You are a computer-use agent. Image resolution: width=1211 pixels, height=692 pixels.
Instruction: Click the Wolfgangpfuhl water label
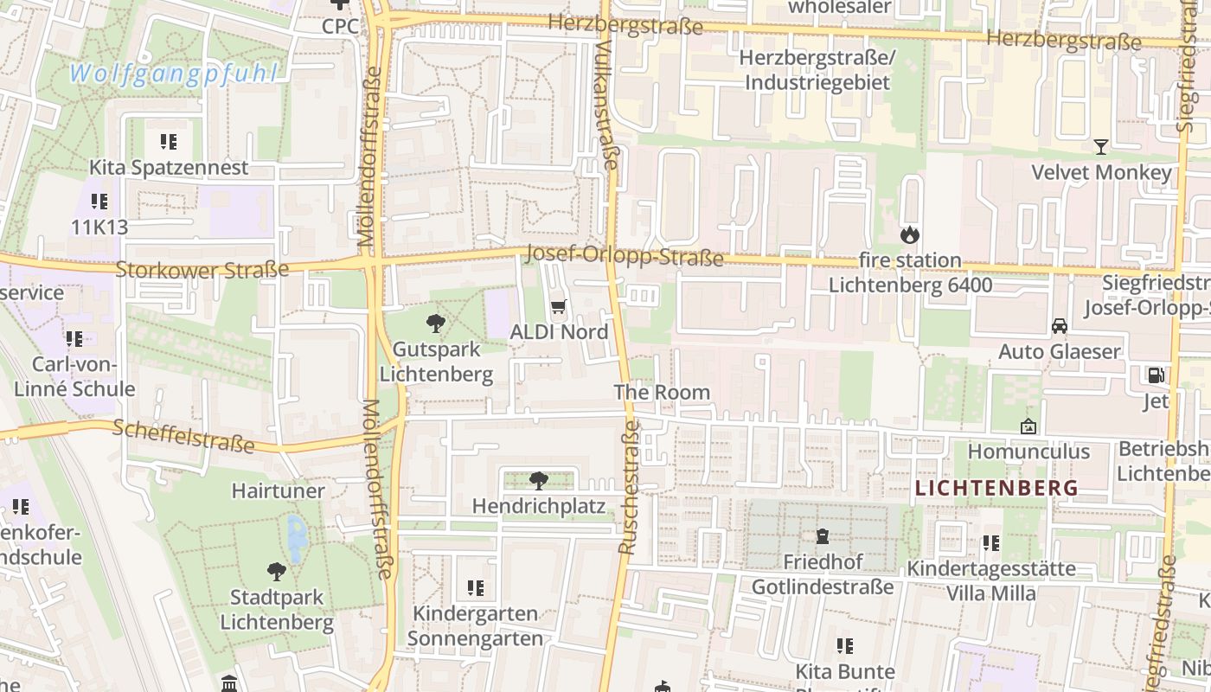[173, 74]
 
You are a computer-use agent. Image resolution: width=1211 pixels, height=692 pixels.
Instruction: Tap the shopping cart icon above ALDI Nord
[558, 307]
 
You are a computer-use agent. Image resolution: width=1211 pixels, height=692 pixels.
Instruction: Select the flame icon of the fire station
[909, 234]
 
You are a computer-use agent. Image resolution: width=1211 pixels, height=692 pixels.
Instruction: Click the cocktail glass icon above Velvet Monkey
[1100, 147]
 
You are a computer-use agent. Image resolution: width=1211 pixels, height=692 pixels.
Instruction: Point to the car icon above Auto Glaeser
[1059, 326]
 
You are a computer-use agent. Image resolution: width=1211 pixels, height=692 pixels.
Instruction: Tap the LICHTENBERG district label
[996, 488]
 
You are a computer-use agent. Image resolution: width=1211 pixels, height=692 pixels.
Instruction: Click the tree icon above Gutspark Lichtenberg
[436, 324]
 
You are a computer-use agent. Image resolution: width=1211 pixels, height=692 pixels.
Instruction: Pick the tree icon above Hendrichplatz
[538, 480]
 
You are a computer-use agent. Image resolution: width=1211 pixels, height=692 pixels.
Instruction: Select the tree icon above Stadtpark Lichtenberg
[276, 571]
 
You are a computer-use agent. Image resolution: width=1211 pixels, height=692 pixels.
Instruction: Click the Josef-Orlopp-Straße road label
[624, 256]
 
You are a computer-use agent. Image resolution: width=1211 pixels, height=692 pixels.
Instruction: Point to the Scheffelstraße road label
[183, 436]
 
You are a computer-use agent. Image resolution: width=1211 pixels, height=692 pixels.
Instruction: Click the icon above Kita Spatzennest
[169, 142]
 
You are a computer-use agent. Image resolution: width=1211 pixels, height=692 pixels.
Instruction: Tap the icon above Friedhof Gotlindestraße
[822, 537]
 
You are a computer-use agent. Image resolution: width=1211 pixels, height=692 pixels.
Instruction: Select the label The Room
[662, 392]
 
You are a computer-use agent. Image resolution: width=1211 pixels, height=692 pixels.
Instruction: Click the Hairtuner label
[279, 491]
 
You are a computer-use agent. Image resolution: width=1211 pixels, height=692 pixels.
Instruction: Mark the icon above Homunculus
[1028, 426]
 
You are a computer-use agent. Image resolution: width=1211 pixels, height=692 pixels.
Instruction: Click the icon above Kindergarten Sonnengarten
[475, 588]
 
